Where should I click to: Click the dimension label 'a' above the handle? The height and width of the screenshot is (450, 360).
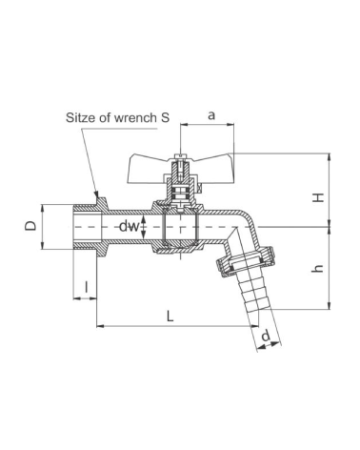(211, 115)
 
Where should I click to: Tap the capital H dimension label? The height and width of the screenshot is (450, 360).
(318, 197)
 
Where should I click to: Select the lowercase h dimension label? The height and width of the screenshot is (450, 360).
(318, 269)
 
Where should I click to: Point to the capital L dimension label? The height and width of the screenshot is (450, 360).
(170, 316)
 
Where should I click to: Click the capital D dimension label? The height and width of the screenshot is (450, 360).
(30, 226)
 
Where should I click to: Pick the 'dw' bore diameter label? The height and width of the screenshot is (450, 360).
(130, 227)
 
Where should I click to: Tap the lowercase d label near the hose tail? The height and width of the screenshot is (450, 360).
(266, 336)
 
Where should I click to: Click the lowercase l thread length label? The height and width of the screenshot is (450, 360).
(87, 287)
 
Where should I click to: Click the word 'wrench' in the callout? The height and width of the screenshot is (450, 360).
(135, 117)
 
